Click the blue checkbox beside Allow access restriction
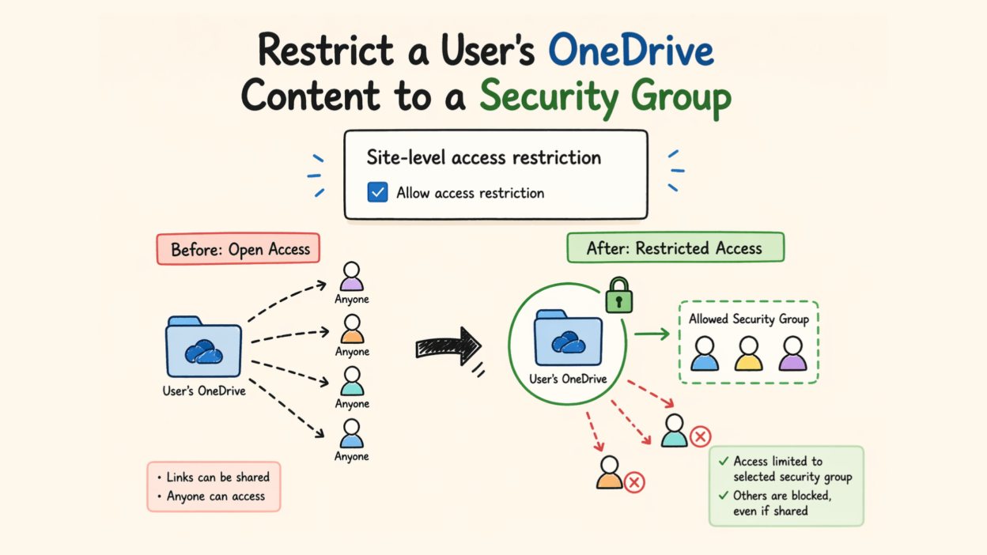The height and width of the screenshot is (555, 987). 378,192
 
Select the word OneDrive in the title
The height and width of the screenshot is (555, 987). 631,52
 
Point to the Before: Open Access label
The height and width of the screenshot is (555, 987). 238,249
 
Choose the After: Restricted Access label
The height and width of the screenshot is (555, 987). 675,247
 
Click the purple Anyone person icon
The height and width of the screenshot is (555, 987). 352,277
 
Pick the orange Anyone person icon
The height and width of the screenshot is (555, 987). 352,330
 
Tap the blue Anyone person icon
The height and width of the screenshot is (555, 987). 352,434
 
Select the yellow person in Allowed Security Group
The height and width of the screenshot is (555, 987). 748,354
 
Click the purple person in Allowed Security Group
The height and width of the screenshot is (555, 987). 792,354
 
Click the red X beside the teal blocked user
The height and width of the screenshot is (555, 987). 700,436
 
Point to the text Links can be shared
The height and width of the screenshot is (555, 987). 218,478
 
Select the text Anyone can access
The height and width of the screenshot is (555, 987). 216,496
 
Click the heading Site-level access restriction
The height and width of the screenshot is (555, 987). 483,157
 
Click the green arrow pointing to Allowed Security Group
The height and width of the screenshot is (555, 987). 652,335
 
